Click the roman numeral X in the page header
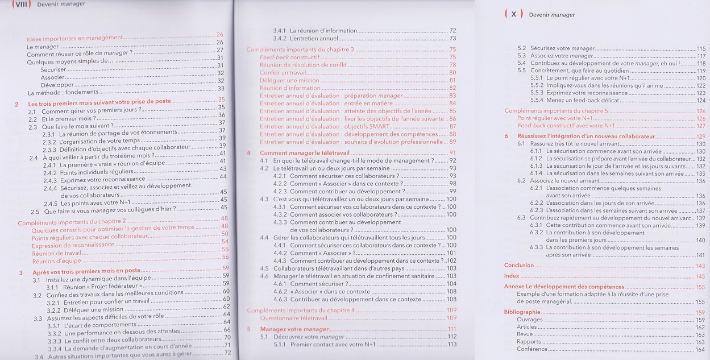point(513,15)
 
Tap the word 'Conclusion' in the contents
point(518,266)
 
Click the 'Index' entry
point(511,276)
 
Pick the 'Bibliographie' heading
point(522,312)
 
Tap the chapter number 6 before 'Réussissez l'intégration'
point(506,136)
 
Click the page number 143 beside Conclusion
point(700,266)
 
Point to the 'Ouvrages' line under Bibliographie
point(529,320)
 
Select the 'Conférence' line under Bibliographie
point(532,349)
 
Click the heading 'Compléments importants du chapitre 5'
point(557,111)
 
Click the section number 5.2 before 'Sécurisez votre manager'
point(521,49)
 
